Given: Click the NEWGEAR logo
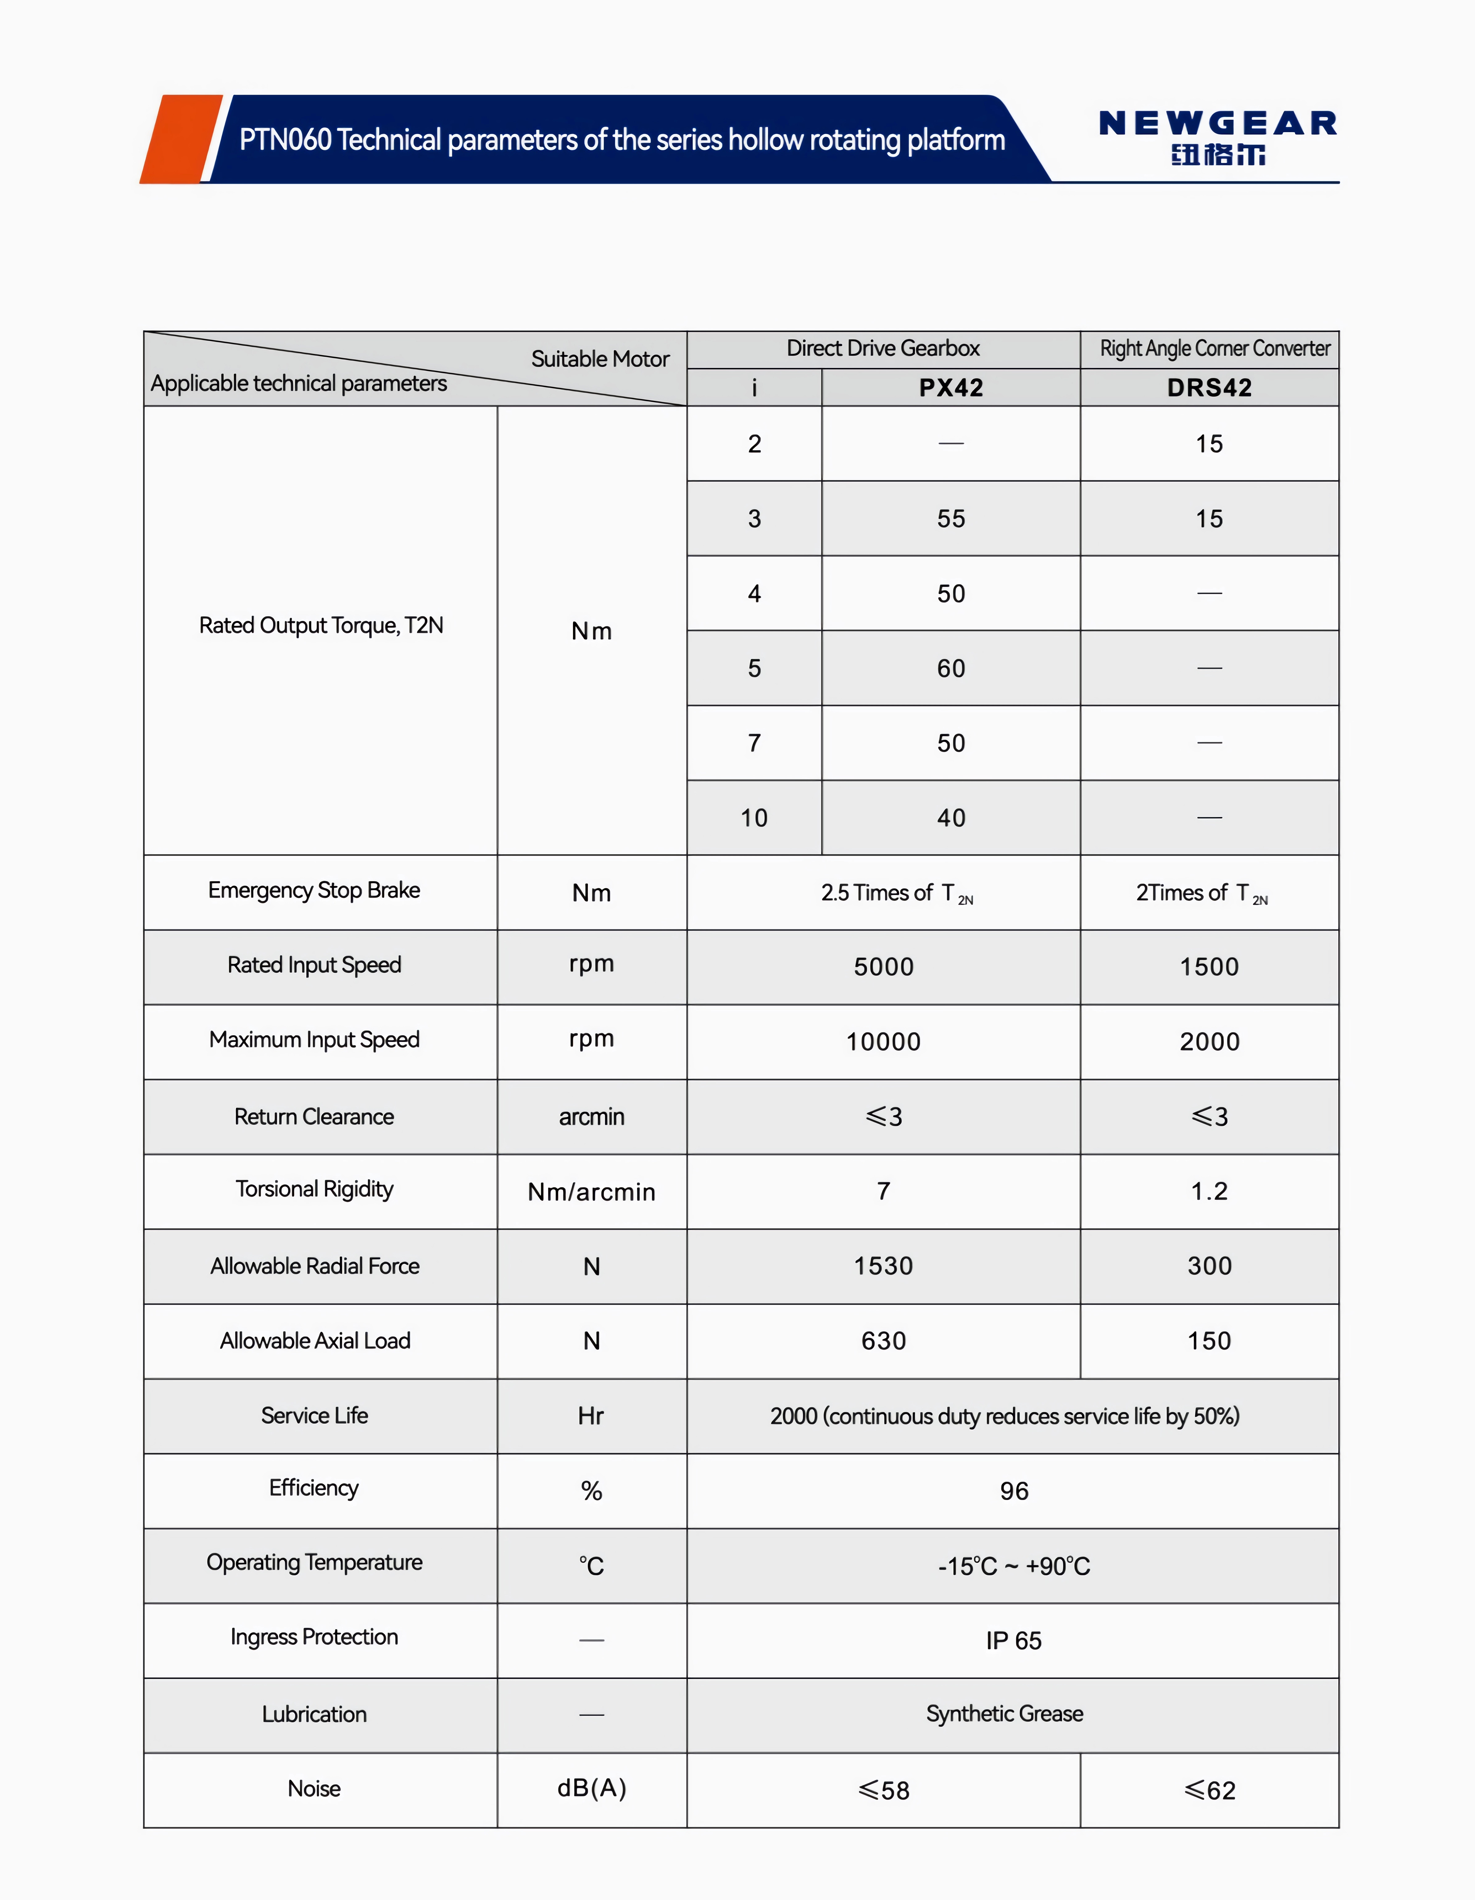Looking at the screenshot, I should (x=1218, y=137).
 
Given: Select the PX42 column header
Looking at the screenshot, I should (x=951, y=388).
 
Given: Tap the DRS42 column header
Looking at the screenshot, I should (x=1209, y=388).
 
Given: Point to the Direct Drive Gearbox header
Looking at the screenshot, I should (x=883, y=349).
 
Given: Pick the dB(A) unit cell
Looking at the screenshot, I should (x=592, y=1789).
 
